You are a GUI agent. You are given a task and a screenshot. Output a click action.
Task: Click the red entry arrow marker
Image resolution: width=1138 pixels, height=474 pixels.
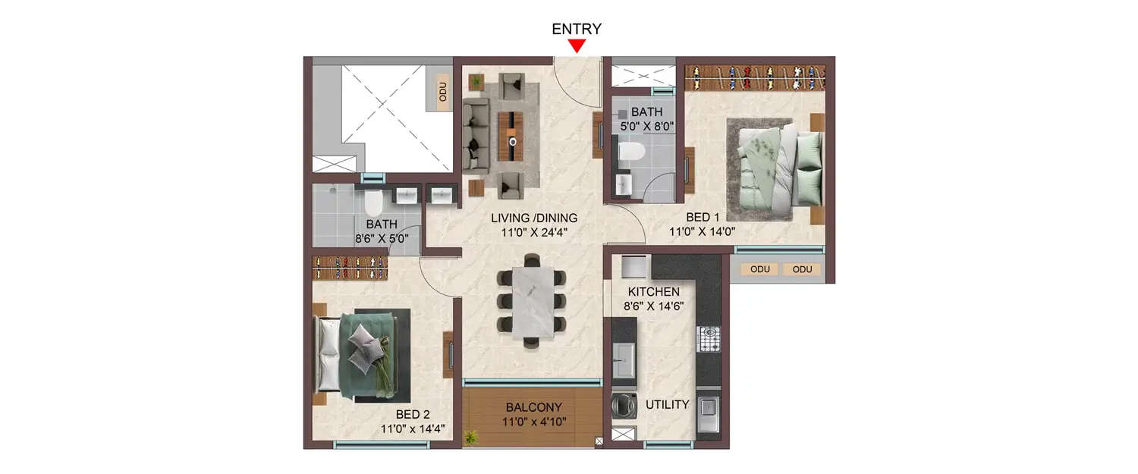click(577, 46)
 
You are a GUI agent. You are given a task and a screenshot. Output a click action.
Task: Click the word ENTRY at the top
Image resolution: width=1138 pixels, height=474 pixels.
click(577, 29)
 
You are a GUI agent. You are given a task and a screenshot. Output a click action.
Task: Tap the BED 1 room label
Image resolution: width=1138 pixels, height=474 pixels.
click(703, 218)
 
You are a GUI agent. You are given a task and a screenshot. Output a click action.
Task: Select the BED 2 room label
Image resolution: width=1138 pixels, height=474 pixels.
click(413, 415)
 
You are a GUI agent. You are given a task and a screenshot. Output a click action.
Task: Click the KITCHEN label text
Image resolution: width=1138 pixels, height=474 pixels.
click(653, 292)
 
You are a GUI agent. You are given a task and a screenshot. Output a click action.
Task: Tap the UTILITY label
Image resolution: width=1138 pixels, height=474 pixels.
click(667, 404)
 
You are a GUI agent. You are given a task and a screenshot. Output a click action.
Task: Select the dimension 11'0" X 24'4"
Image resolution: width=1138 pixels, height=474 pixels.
click(533, 233)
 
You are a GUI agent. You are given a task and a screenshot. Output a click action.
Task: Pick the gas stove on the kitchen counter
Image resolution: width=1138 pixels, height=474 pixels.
click(708, 339)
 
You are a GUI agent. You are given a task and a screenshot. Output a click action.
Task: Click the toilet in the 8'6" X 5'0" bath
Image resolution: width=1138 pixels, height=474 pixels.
click(373, 202)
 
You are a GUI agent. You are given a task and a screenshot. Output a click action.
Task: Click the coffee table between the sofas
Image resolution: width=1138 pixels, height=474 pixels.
click(514, 135)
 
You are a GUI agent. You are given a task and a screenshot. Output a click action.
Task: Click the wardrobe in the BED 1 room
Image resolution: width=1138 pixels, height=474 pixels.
click(755, 77)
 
